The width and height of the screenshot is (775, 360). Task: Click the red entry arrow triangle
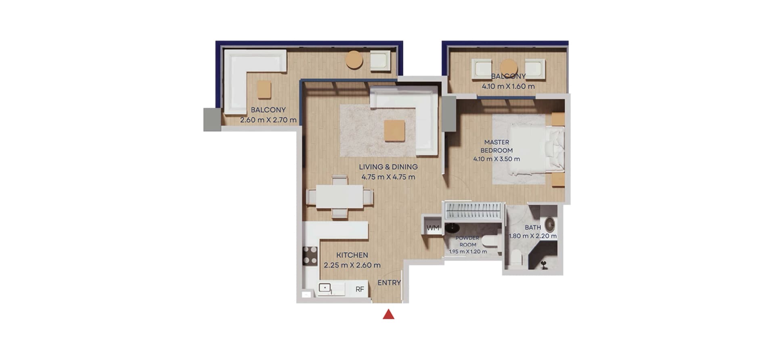pyautogui.click(x=388, y=314)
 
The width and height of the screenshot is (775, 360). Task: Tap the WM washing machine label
pyautogui.click(x=433, y=228)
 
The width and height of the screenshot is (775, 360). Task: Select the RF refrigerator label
pyautogui.click(x=360, y=289)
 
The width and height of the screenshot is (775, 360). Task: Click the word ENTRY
pyautogui.click(x=389, y=283)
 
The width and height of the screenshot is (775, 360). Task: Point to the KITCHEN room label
pyautogui.click(x=352, y=255)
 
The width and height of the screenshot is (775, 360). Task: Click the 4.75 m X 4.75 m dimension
pyautogui.click(x=388, y=177)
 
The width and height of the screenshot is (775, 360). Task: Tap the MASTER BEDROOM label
pyautogui.click(x=496, y=146)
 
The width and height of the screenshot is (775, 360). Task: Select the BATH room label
pyautogui.click(x=533, y=228)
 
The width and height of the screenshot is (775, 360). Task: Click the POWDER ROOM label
pyautogui.click(x=468, y=241)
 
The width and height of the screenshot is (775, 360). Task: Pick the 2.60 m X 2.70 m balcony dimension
pyautogui.click(x=268, y=120)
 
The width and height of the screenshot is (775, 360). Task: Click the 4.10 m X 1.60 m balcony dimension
pyautogui.click(x=508, y=86)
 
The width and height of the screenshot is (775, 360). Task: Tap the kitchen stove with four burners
pyautogui.click(x=310, y=255)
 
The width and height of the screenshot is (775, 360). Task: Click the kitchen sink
pyautogui.click(x=325, y=288)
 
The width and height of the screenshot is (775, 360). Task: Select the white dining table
pyautogui.click(x=339, y=197)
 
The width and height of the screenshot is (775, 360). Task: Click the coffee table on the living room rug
pyautogui.click(x=394, y=131)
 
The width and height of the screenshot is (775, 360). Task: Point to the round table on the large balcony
pyautogui.click(x=354, y=60)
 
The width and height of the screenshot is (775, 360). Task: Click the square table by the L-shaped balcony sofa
pyautogui.click(x=264, y=89)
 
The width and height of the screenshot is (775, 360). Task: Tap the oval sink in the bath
pyautogui.click(x=550, y=224)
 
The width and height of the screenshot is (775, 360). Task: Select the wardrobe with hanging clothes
pyautogui.click(x=473, y=211)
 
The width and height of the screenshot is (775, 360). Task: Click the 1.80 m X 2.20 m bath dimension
pyautogui.click(x=533, y=236)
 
